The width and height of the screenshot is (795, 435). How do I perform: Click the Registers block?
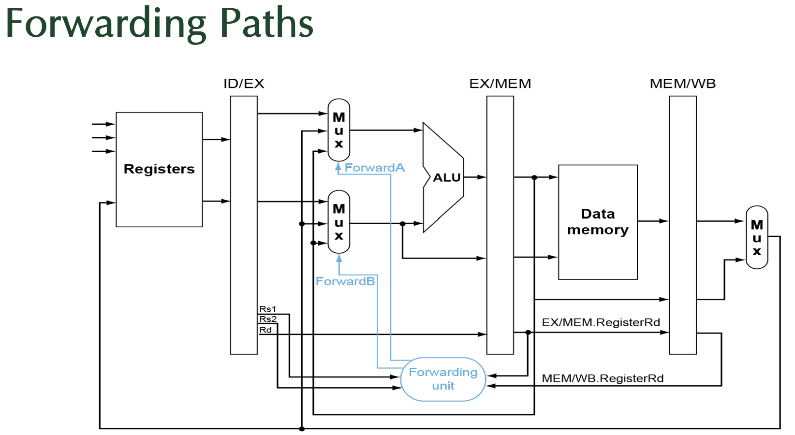click(x=159, y=169)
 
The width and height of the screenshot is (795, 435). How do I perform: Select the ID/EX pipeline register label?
click(x=244, y=84)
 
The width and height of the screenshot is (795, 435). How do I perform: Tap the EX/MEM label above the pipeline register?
click(x=500, y=84)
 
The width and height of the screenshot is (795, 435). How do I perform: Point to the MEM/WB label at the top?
click(x=682, y=84)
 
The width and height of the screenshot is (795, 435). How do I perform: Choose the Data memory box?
click(x=598, y=222)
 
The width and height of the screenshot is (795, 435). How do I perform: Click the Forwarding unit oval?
click(x=443, y=379)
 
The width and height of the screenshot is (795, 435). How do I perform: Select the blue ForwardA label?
click(x=374, y=168)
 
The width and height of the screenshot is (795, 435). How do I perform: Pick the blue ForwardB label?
click(x=345, y=281)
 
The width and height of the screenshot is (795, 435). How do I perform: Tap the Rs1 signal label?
click(x=267, y=309)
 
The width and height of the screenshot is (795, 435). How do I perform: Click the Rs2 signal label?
click(x=268, y=319)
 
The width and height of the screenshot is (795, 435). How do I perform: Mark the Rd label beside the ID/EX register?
click(x=265, y=330)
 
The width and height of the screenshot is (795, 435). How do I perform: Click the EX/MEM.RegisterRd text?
click(x=601, y=322)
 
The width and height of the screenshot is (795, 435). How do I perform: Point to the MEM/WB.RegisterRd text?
click(x=603, y=378)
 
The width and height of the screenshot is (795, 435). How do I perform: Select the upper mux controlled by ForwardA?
click(x=339, y=130)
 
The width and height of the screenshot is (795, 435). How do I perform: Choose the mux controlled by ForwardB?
click(x=339, y=222)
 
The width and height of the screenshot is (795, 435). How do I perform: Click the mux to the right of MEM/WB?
click(x=757, y=237)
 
